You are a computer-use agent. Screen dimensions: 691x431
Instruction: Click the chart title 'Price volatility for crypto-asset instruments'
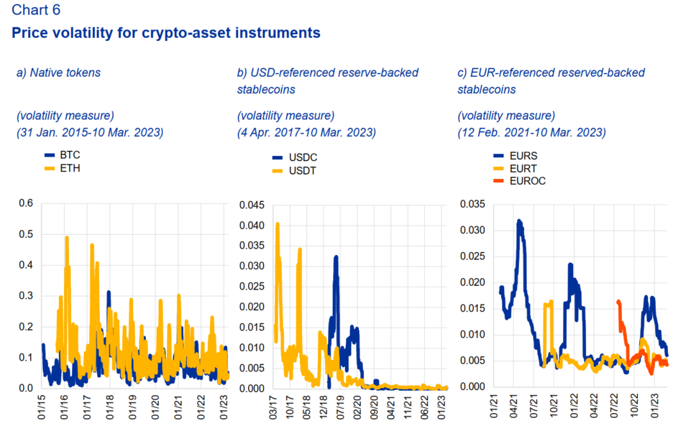[x=165, y=33]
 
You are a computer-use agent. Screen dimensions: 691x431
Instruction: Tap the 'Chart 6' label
[x=36, y=9]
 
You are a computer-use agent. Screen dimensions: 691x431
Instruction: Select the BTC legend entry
[x=62, y=155]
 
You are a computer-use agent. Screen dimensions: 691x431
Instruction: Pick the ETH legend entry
[x=62, y=168]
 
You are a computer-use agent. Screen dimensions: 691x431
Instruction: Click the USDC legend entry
[x=294, y=157]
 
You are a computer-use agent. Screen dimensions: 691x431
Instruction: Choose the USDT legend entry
[x=294, y=171]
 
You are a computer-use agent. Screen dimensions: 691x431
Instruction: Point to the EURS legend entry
[x=515, y=156]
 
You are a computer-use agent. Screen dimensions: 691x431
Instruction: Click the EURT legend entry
[x=515, y=169]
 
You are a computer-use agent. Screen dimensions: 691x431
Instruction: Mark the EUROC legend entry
[x=519, y=181]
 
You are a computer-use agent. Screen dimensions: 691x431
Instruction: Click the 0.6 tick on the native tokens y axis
[x=26, y=203]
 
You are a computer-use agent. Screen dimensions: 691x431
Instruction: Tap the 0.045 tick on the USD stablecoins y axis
[x=252, y=205]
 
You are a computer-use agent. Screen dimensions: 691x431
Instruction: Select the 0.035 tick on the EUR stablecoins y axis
[x=472, y=204]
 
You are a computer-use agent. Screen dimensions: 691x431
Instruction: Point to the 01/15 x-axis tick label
[x=42, y=407]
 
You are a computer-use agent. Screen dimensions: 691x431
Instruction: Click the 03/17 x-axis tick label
[x=273, y=407]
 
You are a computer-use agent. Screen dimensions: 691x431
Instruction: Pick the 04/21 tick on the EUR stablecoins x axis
[x=514, y=406]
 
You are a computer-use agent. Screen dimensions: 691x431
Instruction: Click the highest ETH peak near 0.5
[x=67, y=238]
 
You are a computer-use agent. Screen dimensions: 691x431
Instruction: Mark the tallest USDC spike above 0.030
[x=337, y=257]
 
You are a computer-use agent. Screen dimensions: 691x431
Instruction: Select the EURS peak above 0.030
[x=519, y=221]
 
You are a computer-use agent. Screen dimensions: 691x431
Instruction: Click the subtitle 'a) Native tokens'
[x=59, y=73]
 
